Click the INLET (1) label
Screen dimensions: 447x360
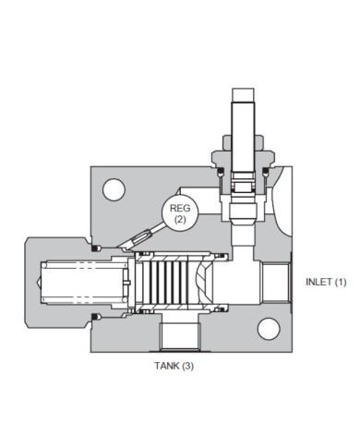(x=326, y=282)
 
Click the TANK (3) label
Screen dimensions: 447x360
(x=173, y=366)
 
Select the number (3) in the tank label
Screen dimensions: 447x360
(x=187, y=366)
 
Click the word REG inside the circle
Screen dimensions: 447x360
(x=179, y=209)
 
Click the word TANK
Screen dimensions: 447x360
(x=164, y=366)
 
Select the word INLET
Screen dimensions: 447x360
(x=318, y=282)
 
